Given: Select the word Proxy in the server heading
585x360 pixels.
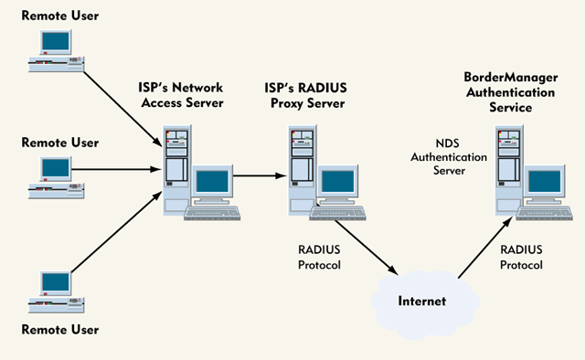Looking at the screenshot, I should click(295, 102).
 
